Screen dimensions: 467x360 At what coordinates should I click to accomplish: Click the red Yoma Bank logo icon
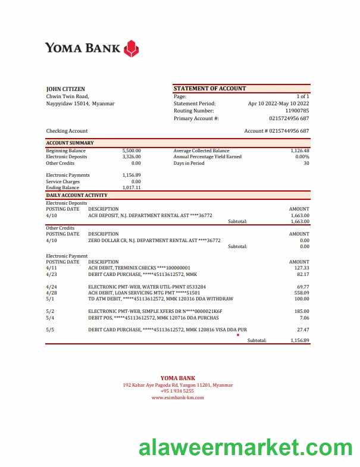pyautogui.click(x=132, y=48)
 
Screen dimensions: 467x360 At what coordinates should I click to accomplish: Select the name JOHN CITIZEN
pyautogui.click(x=65, y=89)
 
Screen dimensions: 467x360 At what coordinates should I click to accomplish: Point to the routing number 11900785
pyautogui.click(x=297, y=111)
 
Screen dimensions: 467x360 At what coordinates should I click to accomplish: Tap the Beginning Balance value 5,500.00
pyautogui.click(x=131, y=151)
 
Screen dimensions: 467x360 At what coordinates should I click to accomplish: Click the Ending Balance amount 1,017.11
pyautogui.click(x=131, y=187)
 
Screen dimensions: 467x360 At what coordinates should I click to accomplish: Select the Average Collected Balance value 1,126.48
pyautogui.click(x=299, y=151)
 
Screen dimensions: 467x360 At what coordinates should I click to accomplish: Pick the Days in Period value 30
pyautogui.click(x=306, y=163)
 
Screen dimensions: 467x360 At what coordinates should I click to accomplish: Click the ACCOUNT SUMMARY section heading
pyautogui.click(x=70, y=143)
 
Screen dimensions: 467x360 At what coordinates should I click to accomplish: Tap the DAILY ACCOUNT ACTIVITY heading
pyautogui.click(x=77, y=195)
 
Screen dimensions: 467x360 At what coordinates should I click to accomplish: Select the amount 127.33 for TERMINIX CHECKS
pyautogui.click(x=302, y=268)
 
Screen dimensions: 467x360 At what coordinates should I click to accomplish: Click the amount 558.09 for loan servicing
pyautogui.click(x=302, y=293)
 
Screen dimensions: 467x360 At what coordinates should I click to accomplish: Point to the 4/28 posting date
pyautogui.click(x=51, y=293)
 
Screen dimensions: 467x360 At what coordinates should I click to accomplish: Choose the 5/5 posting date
pyautogui.click(x=50, y=329)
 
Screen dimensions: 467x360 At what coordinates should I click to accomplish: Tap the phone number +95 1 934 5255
pyautogui.click(x=177, y=391)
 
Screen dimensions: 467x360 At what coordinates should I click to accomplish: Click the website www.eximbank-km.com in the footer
pyautogui.click(x=177, y=397)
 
